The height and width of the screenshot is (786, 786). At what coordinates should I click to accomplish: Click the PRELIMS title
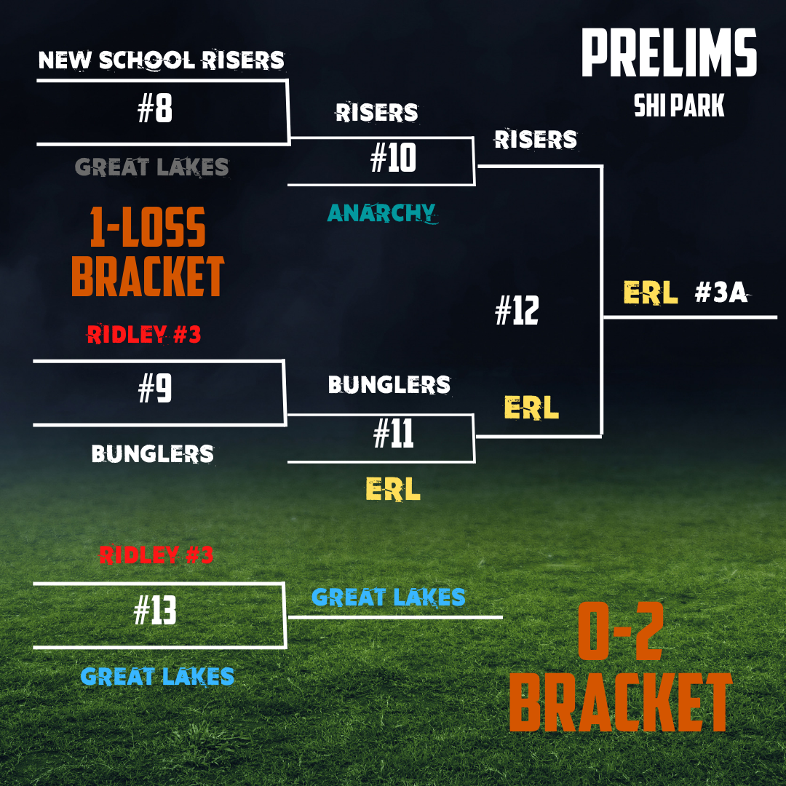tap(669, 54)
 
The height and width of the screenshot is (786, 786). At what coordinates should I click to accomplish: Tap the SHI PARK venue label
tap(679, 106)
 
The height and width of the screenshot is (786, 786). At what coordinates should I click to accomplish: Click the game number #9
tap(155, 390)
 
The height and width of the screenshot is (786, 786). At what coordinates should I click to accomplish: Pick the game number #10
tap(393, 158)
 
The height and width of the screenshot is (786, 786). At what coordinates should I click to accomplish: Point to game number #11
tap(393, 434)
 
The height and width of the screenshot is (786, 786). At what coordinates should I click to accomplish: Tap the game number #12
tap(517, 311)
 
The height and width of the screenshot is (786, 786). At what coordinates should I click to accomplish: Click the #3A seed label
tap(721, 293)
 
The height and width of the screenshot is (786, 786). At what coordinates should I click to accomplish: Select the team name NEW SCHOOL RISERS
tap(161, 60)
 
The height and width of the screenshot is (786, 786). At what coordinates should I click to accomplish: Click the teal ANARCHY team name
tap(381, 213)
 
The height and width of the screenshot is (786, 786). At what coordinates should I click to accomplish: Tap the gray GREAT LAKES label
tap(152, 167)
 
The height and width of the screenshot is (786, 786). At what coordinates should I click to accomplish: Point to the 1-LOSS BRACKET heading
tap(148, 251)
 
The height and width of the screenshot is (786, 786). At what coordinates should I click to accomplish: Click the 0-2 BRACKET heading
tap(620, 674)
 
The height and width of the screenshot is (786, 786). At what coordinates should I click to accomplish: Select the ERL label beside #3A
tap(651, 293)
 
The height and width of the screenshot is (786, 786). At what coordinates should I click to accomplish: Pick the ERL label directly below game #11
tap(393, 490)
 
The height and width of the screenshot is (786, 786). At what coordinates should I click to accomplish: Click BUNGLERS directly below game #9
tap(153, 454)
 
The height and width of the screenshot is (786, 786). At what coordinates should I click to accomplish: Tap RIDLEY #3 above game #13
tap(156, 555)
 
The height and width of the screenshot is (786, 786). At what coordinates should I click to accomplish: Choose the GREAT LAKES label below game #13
tap(157, 676)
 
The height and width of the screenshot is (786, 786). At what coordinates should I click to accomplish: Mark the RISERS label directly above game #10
tap(377, 112)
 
